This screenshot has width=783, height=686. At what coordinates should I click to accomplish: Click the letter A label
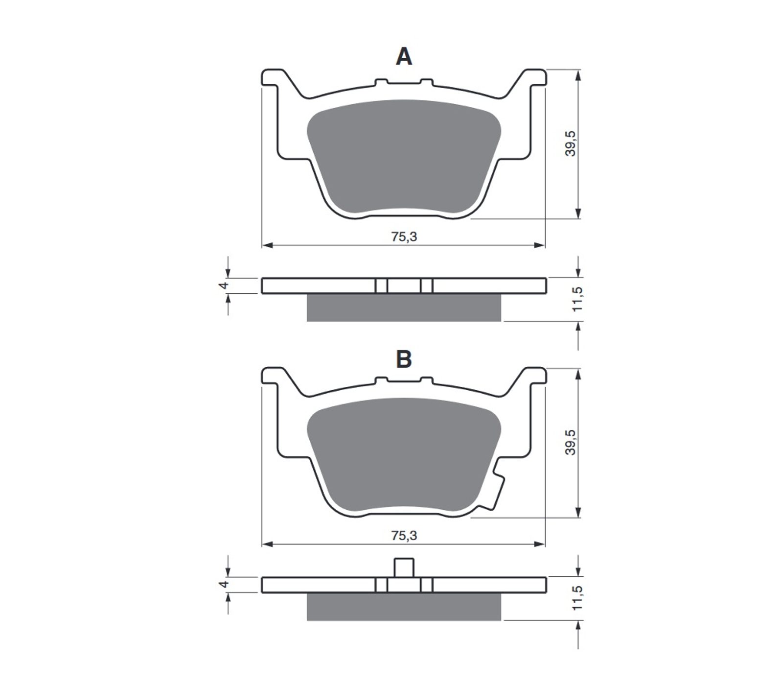pyautogui.click(x=404, y=57)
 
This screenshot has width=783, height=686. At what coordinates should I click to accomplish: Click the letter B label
pyautogui.click(x=404, y=359)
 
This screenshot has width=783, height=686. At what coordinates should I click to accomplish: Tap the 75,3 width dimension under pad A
pyautogui.click(x=404, y=237)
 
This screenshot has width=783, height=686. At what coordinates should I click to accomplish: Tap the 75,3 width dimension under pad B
pyautogui.click(x=404, y=536)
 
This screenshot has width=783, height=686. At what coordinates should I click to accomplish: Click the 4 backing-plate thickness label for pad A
pyautogui.click(x=224, y=285)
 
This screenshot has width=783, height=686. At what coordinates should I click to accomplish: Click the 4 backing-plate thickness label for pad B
pyautogui.click(x=224, y=585)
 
